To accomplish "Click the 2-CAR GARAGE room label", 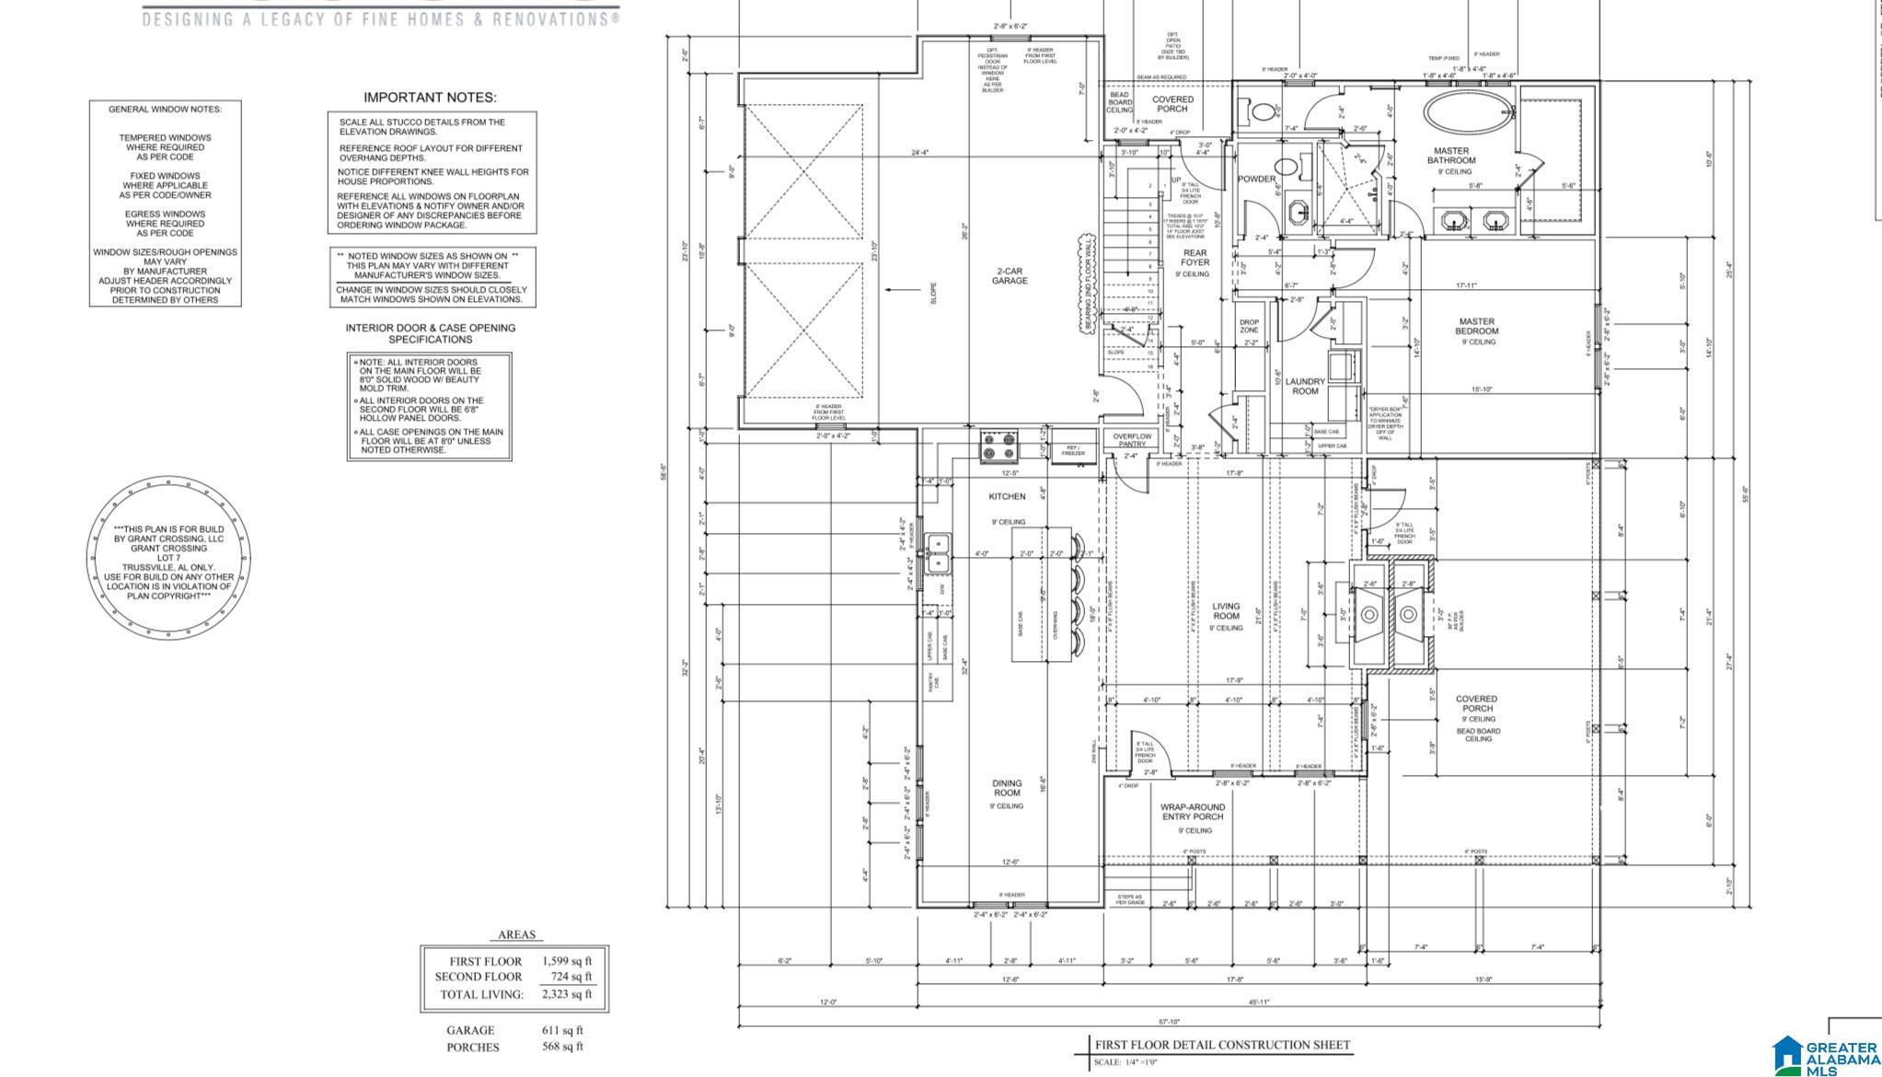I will (x=1009, y=276).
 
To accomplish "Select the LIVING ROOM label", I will (x=1226, y=612).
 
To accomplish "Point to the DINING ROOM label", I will (x=1007, y=788).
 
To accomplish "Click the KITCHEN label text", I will (x=1007, y=497).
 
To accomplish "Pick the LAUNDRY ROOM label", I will (x=1305, y=387).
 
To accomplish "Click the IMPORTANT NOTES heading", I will (x=430, y=98).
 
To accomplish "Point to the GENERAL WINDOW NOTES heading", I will (x=166, y=110).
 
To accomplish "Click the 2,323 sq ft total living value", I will (x=567, y=994).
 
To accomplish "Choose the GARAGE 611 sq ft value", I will (x=562, y=1030).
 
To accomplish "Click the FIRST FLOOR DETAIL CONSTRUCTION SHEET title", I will (x=1222, y=1045).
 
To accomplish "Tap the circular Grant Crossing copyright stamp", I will (x=167, y=558).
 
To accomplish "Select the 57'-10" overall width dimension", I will (x=1169, y=1022).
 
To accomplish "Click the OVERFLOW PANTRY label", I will (x=1132, y=440).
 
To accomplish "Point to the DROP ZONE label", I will (x=1249, y=326).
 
